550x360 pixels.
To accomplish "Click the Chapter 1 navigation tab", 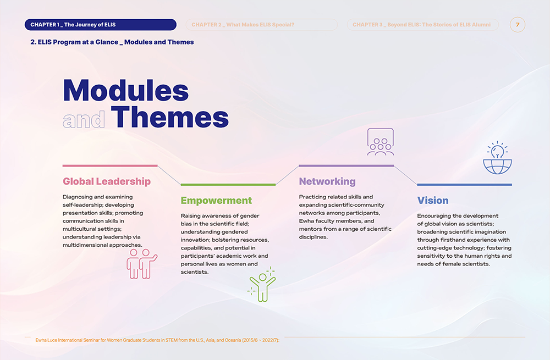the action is [100, 25].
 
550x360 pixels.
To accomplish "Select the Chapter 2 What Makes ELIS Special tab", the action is [261, 25].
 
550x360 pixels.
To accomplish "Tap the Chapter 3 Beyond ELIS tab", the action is [422, 25].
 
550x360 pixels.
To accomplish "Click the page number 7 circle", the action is [518, 25].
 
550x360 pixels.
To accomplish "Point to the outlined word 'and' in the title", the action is [84, 119].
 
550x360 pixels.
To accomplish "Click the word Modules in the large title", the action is [126, 90].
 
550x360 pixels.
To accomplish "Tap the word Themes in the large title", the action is [170, 117].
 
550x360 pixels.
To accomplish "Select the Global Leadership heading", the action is [107, 181].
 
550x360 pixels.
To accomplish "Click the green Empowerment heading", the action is [216, 201].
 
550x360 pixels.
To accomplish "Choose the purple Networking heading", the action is [327, 181].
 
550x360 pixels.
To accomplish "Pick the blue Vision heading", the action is [433, 201].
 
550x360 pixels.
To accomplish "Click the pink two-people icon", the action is [142, 264].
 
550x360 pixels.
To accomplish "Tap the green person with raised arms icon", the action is [262, 285].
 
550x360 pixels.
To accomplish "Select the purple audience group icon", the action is [381, 142].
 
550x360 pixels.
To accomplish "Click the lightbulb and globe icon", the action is [497, 158].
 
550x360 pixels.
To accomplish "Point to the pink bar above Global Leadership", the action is [110, 165].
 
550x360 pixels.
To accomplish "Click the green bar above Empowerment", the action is [228, 185].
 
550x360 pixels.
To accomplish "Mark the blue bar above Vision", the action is [464, 185].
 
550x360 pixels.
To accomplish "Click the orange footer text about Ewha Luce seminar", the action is [157, 340].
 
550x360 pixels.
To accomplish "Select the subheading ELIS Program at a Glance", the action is [112, 42].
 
